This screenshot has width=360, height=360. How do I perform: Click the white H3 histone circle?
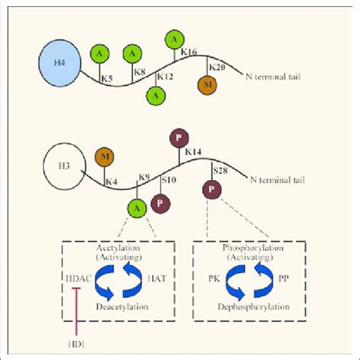(x=65, y=166)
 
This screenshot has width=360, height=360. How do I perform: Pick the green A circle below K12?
(x=156, y=95)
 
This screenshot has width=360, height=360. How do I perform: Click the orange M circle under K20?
(x=207, y=84)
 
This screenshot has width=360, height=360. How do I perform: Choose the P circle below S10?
(x=160, y=203)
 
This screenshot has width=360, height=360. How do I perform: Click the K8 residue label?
(x=140, y=72)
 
